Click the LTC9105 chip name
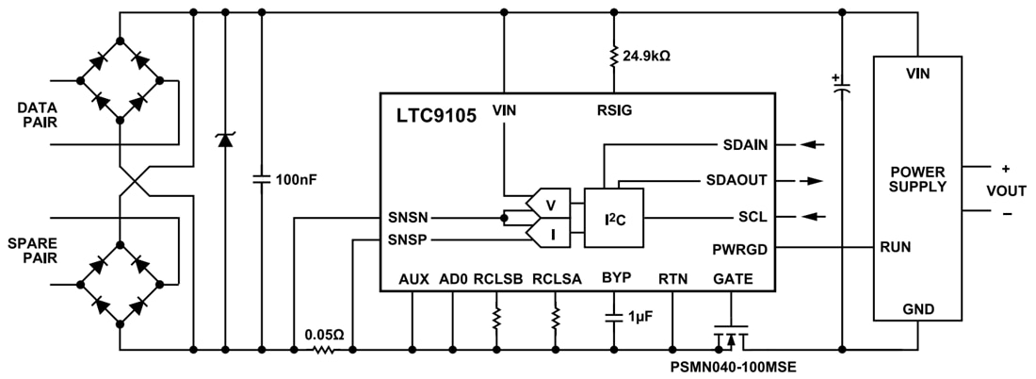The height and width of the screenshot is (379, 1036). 436,115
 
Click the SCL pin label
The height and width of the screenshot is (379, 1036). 753,217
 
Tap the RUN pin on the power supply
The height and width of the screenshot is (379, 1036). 894,248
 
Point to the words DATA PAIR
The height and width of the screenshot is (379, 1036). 38,117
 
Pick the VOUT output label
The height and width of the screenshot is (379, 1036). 1006,189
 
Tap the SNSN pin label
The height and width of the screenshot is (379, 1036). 407,217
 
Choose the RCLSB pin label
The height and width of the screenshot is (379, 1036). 496,279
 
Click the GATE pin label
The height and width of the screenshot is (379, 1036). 733,279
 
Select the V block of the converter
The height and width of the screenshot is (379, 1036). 548,202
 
